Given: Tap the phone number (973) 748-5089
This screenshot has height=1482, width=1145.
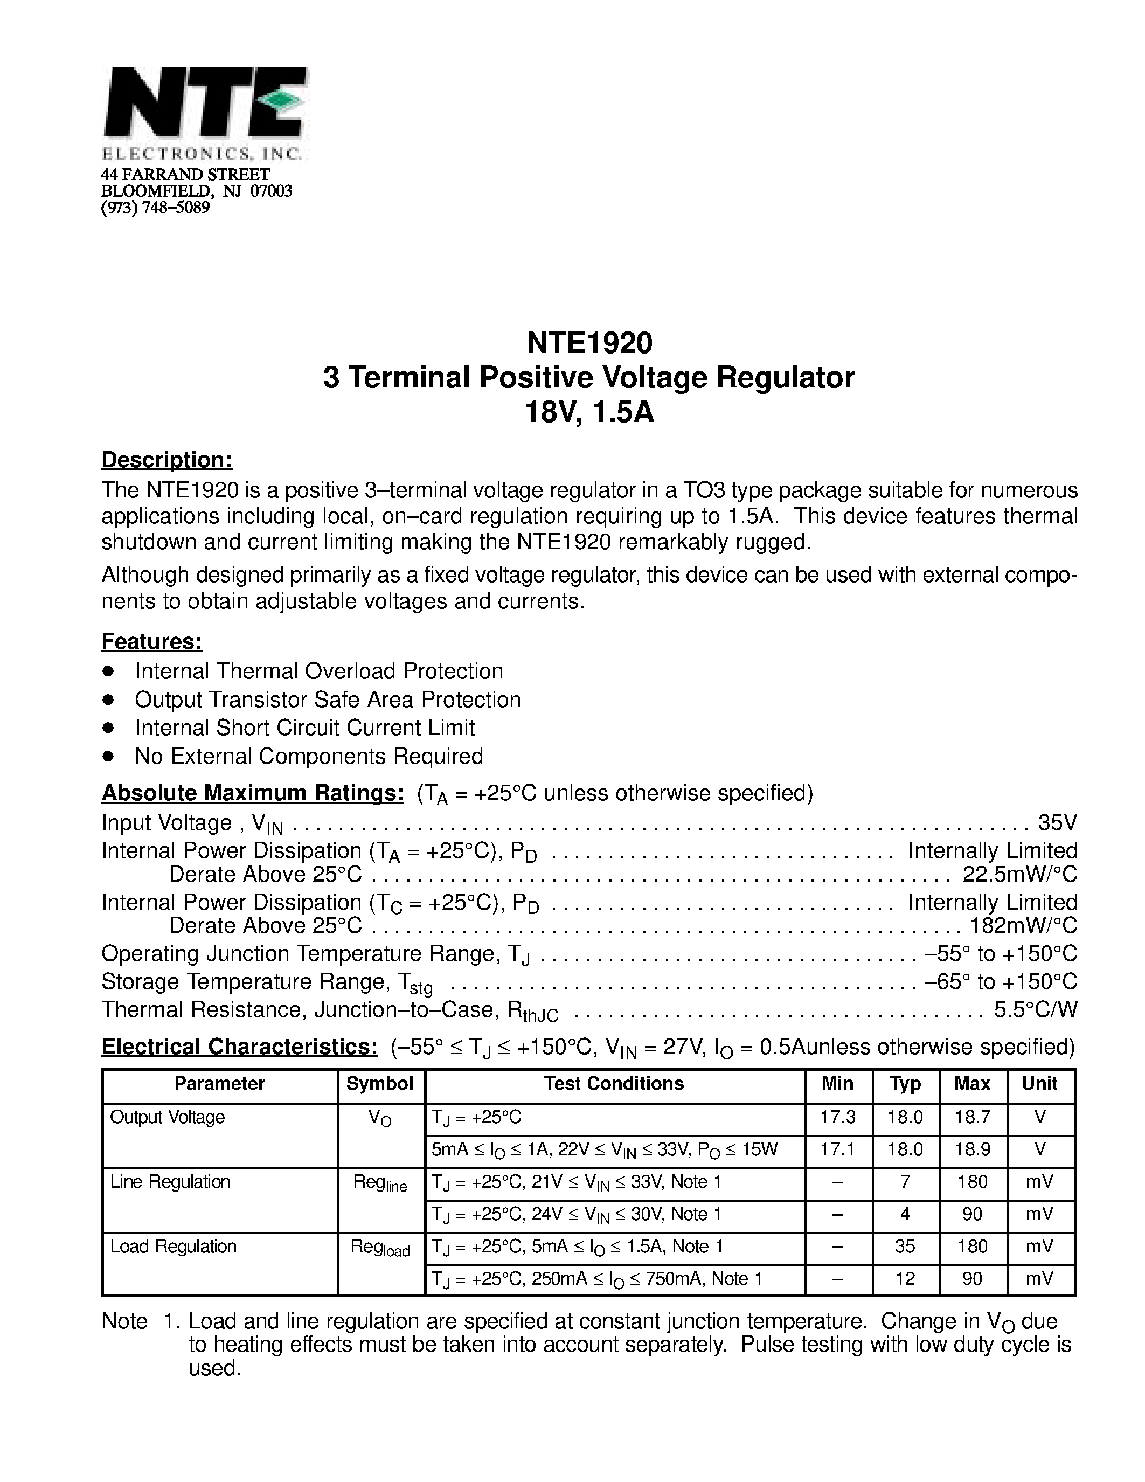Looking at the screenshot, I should coord(155,207).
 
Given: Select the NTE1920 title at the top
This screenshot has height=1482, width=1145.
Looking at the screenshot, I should coord(589,343).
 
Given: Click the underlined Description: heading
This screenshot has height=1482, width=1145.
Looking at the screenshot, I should coord(167,460).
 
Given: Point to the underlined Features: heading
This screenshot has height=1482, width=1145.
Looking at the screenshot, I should coord(152,641).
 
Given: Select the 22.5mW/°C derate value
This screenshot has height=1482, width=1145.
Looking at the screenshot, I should coord(1019,874).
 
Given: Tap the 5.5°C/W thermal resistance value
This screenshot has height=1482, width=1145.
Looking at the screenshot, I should coord(1035,1010).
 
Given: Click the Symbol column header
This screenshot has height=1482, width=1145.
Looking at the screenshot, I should coord(380,1084).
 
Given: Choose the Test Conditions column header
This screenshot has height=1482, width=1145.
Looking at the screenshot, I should coord(613,1084).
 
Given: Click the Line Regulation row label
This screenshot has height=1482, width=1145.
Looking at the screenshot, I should coord(170,1182).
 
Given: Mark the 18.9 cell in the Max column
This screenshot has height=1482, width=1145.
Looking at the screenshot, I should coord(972,1149).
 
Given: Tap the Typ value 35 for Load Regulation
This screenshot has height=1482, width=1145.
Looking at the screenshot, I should coord(905,1246).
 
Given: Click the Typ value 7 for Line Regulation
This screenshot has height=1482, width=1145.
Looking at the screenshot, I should coord(905,1182).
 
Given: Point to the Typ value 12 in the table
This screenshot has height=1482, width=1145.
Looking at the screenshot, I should coord(905,1279).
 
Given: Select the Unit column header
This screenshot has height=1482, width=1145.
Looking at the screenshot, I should coord(1039,1084).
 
